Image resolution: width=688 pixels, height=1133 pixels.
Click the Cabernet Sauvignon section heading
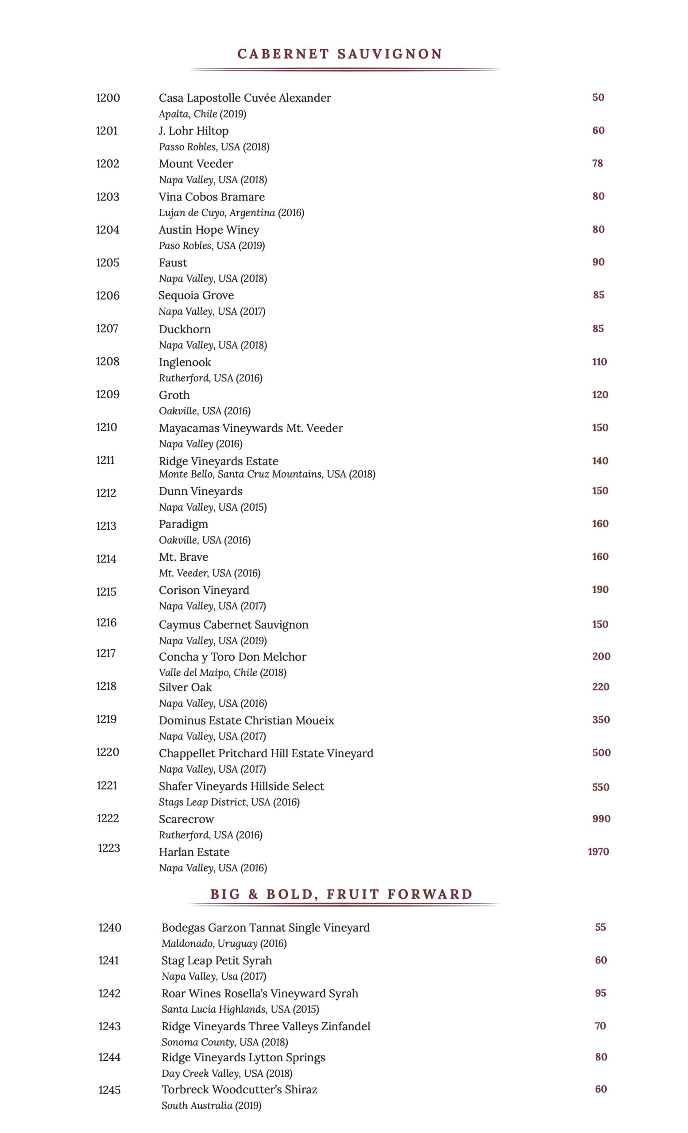coord(340,54)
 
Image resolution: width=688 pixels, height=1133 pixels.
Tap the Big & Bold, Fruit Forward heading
coord(341,894)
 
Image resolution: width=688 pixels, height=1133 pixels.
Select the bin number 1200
coord(108,98)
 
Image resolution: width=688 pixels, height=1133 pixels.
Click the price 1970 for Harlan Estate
coord(598,852)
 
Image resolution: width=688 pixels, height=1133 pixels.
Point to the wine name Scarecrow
coord(186,819)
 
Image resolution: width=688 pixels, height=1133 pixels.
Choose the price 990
coord(601,818)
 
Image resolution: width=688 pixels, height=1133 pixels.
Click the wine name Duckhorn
coord(185,329)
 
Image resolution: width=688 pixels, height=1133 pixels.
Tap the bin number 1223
coord(109,848)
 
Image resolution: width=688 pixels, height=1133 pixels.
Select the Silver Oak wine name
coord(186,687)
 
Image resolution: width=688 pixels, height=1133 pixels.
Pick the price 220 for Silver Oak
coord(601,687)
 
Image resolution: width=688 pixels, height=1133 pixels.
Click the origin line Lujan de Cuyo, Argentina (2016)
coord(232,213)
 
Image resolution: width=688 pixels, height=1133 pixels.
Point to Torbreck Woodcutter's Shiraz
coord(239,1089)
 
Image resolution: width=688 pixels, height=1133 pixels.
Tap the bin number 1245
coord(109,1090)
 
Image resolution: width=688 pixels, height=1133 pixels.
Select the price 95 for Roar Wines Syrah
coord(601,993)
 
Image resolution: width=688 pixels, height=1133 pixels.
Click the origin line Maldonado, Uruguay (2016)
coord(224,944)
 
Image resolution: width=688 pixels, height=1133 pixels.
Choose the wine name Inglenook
coord(185,362)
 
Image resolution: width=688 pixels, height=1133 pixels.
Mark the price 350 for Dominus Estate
coord(601,720)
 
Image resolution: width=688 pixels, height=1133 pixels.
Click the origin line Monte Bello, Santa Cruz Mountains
coord(267,474)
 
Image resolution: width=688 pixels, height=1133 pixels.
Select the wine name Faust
coord(173,263)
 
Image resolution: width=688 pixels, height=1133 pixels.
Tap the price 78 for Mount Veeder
coord(597,163)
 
